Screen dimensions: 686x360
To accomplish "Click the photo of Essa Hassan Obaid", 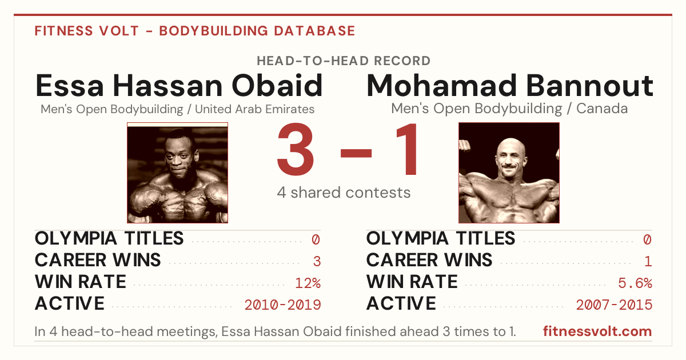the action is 177,173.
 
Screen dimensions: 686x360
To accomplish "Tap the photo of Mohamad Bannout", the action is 509,173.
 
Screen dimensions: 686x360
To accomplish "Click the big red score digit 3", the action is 296,149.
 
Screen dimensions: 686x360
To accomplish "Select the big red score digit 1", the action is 406,149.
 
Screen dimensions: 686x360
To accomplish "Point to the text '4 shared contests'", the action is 344,193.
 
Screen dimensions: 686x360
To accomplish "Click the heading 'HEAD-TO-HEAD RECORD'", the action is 344,61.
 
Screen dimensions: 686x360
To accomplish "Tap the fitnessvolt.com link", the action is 597,331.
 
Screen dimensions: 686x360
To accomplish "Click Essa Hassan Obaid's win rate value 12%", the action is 308,283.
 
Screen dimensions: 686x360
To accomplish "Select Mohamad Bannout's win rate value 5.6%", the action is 635,283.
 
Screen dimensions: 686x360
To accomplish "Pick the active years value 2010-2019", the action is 282,305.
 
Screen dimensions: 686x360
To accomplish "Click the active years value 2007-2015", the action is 614,305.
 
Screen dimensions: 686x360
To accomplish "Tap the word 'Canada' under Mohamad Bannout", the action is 602,109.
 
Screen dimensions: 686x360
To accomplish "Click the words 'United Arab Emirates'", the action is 254,109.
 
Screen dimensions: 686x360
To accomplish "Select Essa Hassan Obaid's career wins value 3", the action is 317,262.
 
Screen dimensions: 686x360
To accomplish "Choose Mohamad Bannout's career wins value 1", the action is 648,262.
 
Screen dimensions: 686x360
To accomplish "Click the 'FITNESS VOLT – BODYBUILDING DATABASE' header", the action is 195,31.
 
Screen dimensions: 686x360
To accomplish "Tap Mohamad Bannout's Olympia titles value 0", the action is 647,239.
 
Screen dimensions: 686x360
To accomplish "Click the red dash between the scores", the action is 356,153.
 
